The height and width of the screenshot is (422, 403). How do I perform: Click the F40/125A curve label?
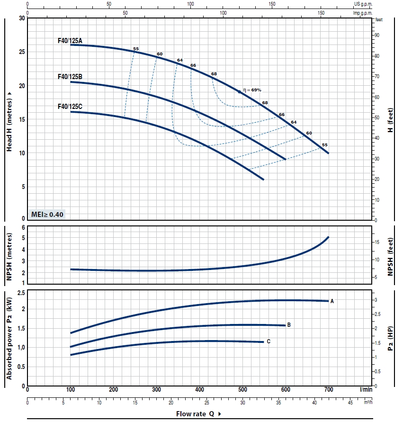tap(70, 41)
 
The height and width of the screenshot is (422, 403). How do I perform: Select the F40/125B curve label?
tap(70, 76)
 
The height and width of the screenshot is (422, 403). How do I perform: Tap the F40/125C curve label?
tap(70, 107)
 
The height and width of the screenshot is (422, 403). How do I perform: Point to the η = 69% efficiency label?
tap(252, 90)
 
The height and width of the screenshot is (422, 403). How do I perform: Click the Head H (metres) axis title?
tap(9, 125)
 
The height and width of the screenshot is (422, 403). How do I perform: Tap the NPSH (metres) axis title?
tap(9, 255)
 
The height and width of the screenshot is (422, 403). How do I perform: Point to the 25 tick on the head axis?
tap(21, 52)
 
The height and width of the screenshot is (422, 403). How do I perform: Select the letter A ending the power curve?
tap(332, 301)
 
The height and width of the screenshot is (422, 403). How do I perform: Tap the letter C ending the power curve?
tap(269, 341)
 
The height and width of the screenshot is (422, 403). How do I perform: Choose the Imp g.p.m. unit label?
tap(364, 13)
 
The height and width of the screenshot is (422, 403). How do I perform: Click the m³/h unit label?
tap(368, 404)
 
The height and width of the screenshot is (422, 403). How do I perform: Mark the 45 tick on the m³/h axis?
tap(350, 404)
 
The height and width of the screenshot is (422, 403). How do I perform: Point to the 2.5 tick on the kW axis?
tap(21, 294)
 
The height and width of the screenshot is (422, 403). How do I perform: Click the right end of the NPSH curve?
tap(328, 237)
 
